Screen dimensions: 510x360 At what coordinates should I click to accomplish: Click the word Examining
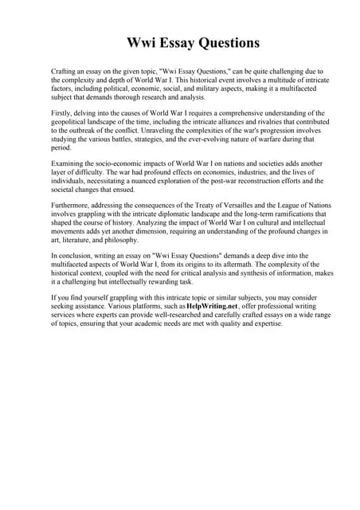pyautogui.click(x=68, y=163)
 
